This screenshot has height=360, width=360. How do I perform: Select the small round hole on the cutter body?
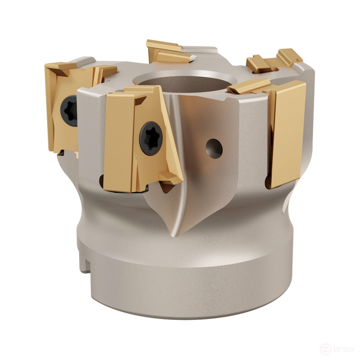click(214, 148)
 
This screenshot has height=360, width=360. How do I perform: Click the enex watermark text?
click(345, 349)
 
